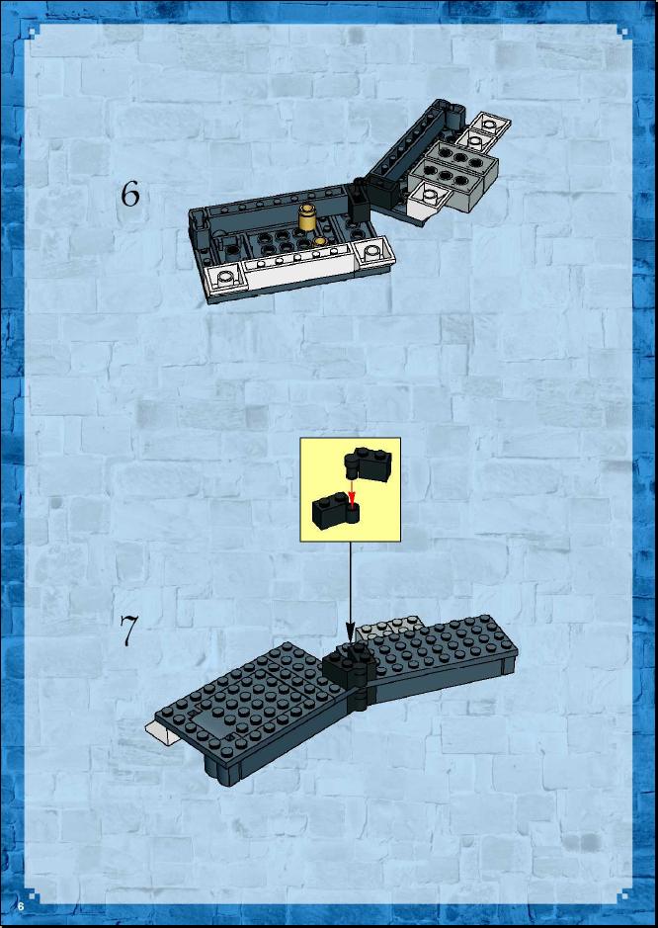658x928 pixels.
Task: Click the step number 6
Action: pyautogui.click(x=130, y=194)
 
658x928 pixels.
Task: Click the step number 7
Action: pyautogui.click(x=129, y=631)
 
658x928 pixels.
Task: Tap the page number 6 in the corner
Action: pyautogui.click(x=21, y=906)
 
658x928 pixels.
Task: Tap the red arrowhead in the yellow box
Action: pyautogui.click(x=353, y=503)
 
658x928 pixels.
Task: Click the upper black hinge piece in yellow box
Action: pyautogui.click(x=368, y=464)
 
